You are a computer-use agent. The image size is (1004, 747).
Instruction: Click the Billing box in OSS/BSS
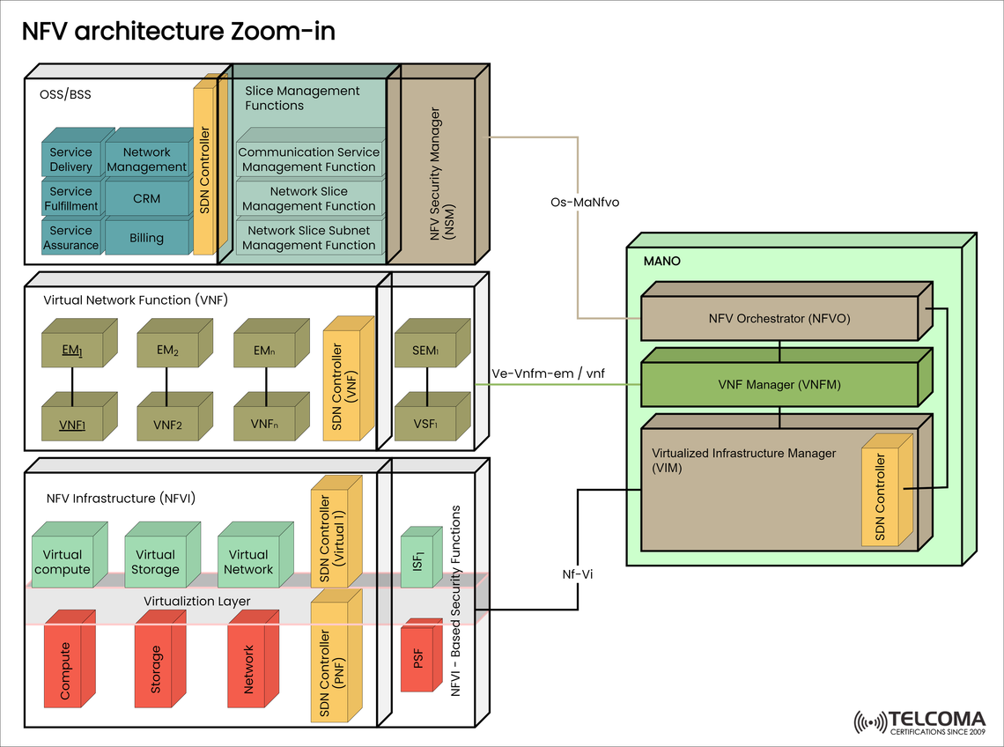coord(146,237)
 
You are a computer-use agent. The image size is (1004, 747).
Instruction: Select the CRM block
coord(146,198)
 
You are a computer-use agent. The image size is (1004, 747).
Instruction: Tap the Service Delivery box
coord(70,159)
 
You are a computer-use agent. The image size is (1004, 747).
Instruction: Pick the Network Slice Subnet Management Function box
coord(309,238)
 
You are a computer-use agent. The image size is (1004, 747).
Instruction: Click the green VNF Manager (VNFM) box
coord(779,384)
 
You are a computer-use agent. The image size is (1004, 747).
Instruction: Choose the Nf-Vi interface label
coord(578,573)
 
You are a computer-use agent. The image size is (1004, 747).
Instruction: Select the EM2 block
coord(167,351)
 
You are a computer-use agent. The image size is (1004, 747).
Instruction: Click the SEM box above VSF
coord(425,351)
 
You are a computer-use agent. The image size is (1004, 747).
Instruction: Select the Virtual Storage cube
coord(156,562)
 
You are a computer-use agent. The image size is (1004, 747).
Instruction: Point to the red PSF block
coord(418,658)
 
